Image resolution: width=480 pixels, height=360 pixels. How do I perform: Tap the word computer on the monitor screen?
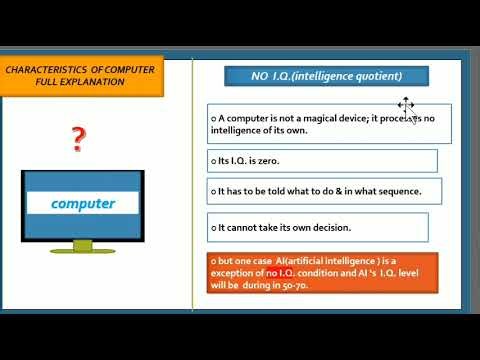tap(83, 204)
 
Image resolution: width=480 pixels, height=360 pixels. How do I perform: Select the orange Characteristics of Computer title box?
tap(83, 76)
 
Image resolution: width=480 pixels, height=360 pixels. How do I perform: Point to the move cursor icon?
tap(405, 105)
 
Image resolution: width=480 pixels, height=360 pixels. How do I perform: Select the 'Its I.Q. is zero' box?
tap(322, 160)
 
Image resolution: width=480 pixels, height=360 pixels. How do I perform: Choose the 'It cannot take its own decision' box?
tap(318, 227)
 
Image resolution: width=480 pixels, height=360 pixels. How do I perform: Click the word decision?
tap(352, 227)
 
